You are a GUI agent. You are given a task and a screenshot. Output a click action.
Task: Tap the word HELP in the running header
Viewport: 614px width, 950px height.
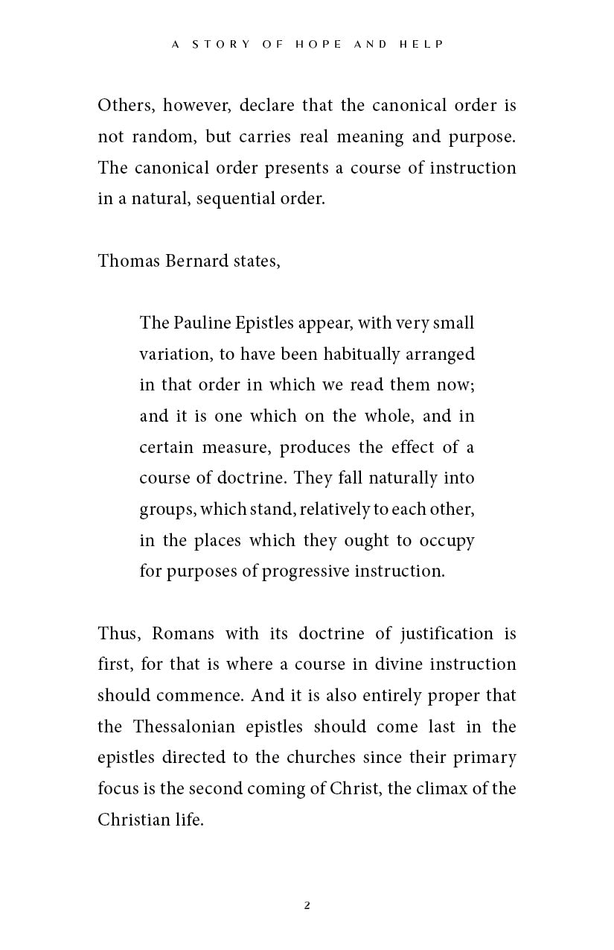(421, 45)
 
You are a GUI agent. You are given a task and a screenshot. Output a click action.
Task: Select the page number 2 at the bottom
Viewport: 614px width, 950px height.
(307, 906)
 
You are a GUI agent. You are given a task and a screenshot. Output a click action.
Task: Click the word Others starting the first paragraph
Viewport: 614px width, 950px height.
(126, 105)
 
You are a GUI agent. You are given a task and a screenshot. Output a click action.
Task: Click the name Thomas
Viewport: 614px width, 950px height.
(125, 261)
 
